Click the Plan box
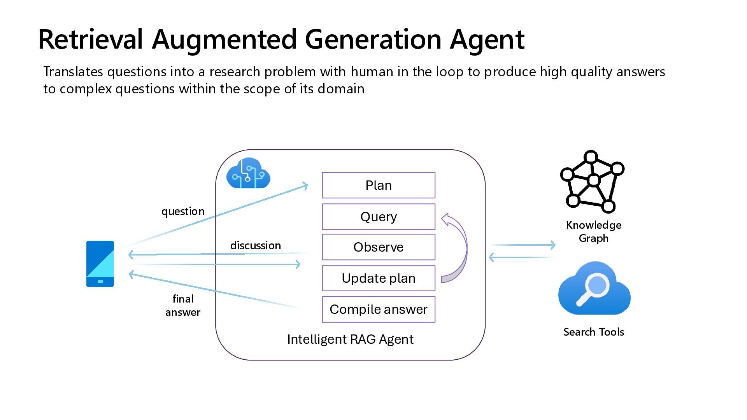click(379, 185)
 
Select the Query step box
click(379, 217)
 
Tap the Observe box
click(379, 247)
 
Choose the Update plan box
click(379, 278)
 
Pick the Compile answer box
click(379, 310)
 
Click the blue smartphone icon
click(100, 264)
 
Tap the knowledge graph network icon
click(592, 181)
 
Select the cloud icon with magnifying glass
click(594, 288)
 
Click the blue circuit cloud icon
click(248, 173)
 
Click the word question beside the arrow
click(183, 212)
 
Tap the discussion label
click(256, 245)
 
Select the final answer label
click(183, 305)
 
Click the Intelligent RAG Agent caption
click(350, 339)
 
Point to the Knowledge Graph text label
click(594, 231)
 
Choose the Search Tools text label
click(594, 332)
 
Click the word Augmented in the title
click(224, 40)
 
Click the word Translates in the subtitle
click(73, 72)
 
